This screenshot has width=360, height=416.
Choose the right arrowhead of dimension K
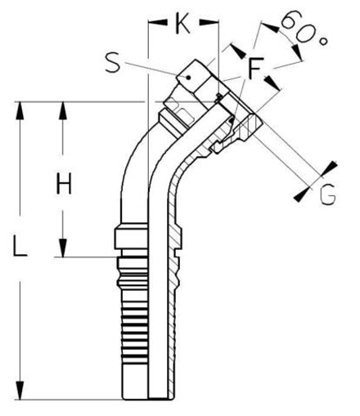[x=211, y=25]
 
